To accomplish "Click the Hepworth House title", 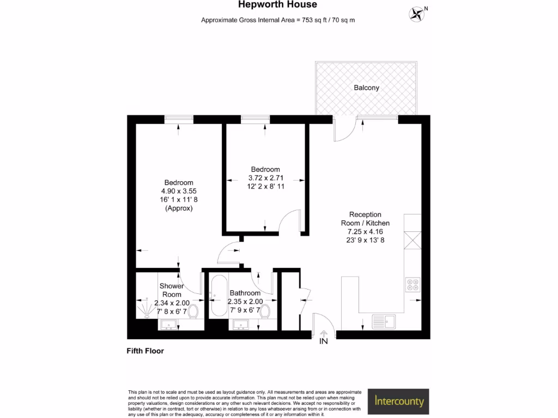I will point(277,5).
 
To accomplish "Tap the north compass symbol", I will point(417,13).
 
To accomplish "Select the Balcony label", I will point(366,88).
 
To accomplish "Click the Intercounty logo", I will point(399,402).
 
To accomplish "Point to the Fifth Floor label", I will point(145,351).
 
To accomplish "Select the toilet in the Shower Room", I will point(193,311).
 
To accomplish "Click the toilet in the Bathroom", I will point(265,311).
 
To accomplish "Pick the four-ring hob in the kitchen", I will point(413,285).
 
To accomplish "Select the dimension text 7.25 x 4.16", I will point(366,231).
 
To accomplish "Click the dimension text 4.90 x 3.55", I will point(179,191).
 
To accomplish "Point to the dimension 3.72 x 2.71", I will point(265,177).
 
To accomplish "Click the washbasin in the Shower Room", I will point(169,325).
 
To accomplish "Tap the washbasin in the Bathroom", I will point(241,325).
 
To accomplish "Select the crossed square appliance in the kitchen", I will point(413,240).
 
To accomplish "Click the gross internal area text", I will point(278,20).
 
